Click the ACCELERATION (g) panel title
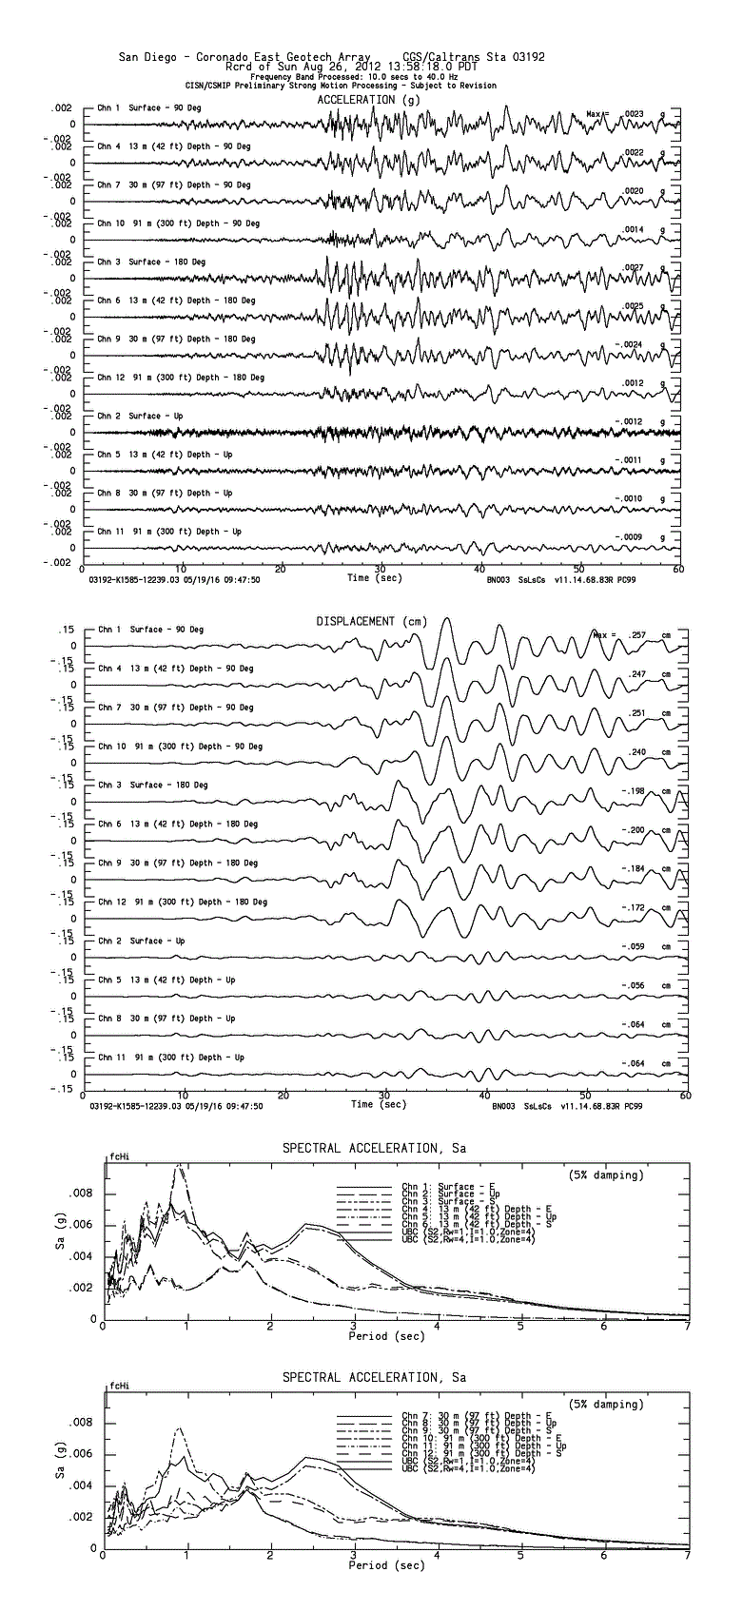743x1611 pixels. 368,99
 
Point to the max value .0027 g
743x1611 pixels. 633,267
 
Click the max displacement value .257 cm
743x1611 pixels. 637,634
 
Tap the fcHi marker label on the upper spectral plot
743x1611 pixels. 118,1156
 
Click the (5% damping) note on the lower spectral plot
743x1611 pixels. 605,1404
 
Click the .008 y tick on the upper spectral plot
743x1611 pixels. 85,1193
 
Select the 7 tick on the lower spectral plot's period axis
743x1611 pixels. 687,1556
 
